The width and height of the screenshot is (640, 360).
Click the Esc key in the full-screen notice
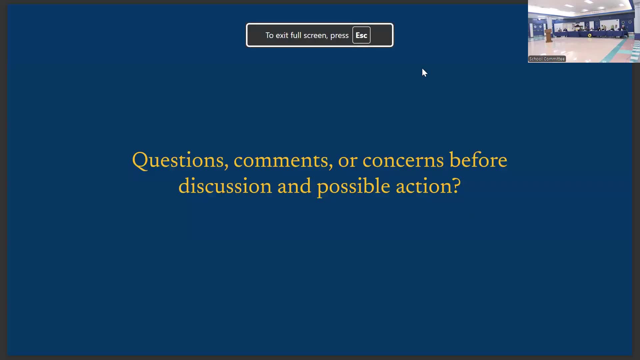point(361,35)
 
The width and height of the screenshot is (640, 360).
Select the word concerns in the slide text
point(403,161)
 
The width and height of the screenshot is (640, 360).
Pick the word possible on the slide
point(353,187)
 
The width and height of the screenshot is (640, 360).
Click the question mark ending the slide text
point(457,185)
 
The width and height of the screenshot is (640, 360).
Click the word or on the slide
point(348,161)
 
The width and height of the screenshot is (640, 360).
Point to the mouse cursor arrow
point(424,73)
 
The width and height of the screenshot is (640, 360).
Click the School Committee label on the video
point(547,59)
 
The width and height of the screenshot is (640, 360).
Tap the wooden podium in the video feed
point(548,35)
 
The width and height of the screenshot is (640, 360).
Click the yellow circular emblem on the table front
point(590,35)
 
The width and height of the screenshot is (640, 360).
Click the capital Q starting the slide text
point(140,161)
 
